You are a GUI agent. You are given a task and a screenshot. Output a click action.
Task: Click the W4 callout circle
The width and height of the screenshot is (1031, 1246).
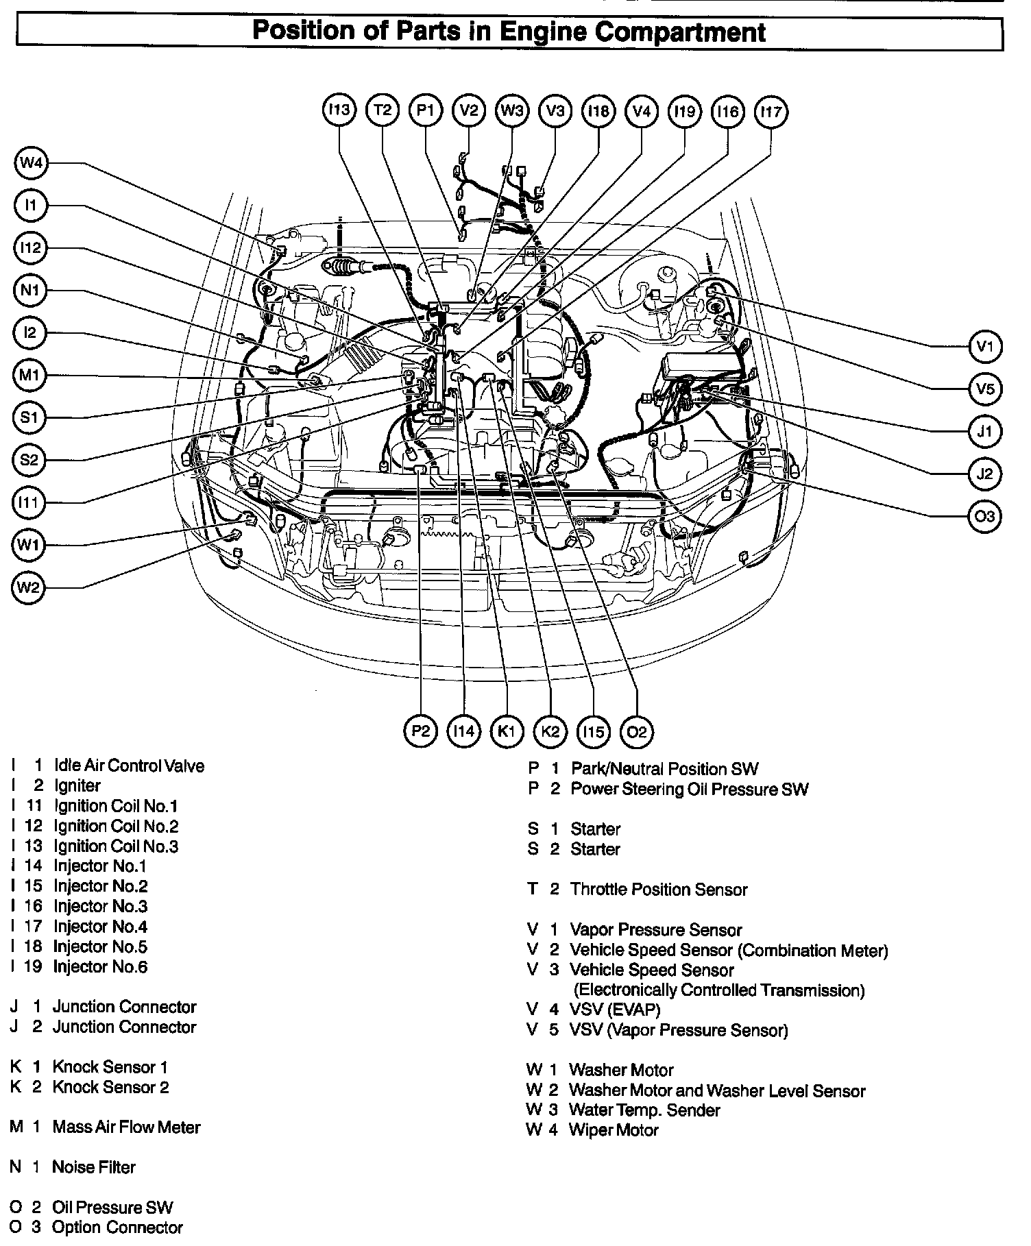(30, 163)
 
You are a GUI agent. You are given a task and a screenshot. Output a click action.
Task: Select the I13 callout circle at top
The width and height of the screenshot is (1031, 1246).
(339, 110)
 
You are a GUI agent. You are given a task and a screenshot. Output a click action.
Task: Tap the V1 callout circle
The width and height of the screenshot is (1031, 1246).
(985, 347)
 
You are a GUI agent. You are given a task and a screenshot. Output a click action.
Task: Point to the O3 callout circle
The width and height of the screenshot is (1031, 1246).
(985, 516)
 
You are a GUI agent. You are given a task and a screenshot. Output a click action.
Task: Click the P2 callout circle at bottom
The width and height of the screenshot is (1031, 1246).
(420, 731)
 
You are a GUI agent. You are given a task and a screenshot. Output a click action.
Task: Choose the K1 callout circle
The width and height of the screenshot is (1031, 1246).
(507, 731)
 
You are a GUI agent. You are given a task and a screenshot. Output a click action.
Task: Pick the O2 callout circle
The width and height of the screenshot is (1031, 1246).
(636, 731)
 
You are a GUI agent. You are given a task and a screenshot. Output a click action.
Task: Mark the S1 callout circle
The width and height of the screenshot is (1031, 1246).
(29, 417)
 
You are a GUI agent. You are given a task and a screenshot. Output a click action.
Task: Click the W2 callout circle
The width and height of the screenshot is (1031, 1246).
(29, 587)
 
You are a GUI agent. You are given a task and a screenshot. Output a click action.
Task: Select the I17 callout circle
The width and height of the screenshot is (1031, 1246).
(771, 110)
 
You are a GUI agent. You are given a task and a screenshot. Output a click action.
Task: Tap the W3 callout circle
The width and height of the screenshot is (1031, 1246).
(512, 110)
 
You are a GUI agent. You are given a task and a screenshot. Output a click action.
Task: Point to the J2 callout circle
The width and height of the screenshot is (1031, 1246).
(985, 474)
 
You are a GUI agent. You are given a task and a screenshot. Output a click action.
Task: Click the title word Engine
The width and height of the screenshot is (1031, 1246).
(537, 32)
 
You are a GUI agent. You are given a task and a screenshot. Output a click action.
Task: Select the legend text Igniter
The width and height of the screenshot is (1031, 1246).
(77, 785)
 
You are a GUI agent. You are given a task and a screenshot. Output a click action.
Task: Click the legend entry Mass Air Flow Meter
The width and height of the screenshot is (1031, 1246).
(126, 1127)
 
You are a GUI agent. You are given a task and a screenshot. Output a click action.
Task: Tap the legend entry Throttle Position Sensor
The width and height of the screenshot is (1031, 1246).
(658, 890)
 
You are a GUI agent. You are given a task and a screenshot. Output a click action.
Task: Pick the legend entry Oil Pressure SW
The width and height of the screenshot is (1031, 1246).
(112, 1208)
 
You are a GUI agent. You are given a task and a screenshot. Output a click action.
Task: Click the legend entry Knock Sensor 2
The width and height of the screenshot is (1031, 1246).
(110, 1087)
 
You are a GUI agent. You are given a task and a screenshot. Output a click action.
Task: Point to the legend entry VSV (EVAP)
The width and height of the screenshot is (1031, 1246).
(614, 1010)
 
